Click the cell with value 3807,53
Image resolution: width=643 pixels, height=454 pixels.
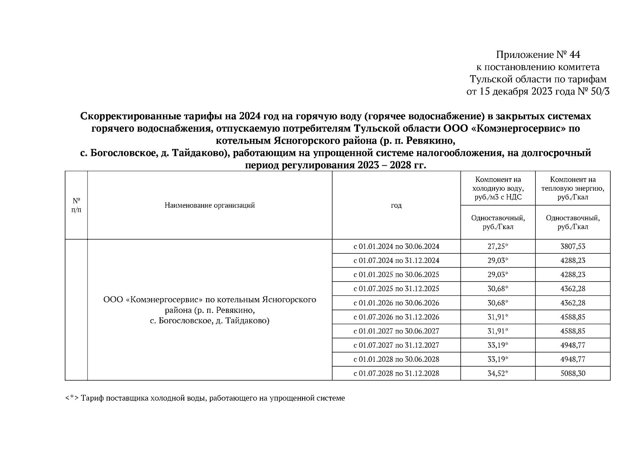(x=573, y=246)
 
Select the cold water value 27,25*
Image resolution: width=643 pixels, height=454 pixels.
(x=498, y=246)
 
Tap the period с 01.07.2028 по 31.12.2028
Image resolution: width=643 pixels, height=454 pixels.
(x=396, y=373)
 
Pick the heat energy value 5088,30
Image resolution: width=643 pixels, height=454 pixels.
(x=573, y=373)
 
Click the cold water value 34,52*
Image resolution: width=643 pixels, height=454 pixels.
(x=498, y=373)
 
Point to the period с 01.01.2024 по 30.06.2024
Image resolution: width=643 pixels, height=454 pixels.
(x=396, y=246)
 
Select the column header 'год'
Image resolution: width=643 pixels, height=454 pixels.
(x=396, y=205)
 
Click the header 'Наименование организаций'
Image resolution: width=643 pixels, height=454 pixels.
(x=210, y=205)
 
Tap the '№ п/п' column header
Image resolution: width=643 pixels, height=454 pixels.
(x=76, y=205)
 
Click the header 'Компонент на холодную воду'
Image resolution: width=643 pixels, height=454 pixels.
(x=498, y=188)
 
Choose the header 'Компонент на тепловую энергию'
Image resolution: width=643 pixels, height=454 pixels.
(x=573, y=188)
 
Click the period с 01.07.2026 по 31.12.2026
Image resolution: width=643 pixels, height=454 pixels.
(x=396, y=317)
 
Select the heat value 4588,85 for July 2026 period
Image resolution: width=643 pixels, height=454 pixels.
(x=573, y=317)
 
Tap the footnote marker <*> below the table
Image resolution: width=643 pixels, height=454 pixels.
(x=72, y=398)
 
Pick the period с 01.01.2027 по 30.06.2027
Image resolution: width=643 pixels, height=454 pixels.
(x=396, y=331)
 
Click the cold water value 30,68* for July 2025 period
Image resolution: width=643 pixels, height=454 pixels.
(x=498, y=289)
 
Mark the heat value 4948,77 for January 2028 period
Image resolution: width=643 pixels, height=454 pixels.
(x=573, y=359)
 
